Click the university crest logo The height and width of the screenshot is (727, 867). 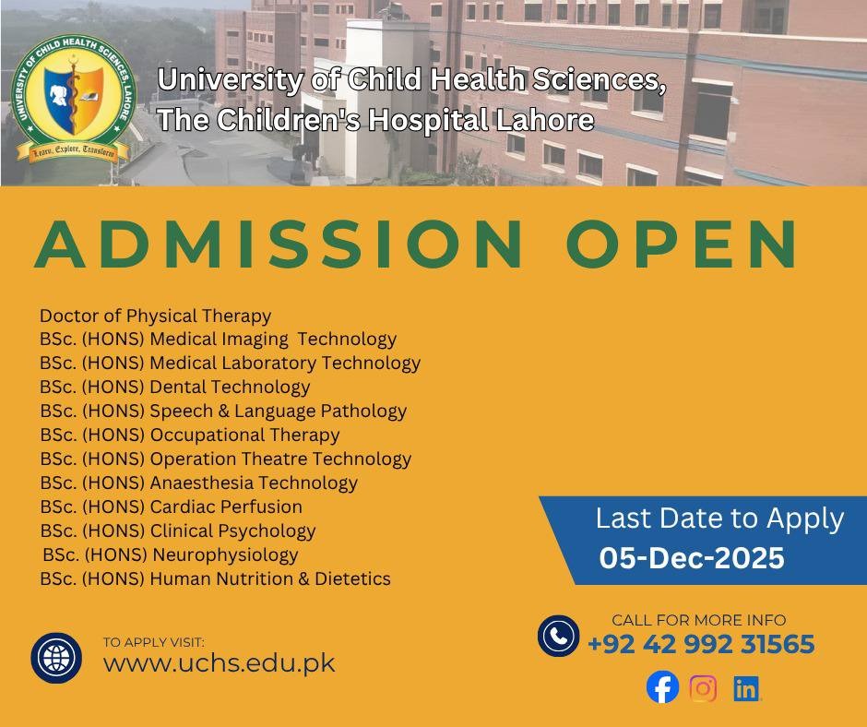point(74,99)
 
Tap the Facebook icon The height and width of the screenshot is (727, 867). point(662,687)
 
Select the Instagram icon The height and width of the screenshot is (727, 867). point(704,688)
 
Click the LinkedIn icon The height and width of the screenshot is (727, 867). point(746,688)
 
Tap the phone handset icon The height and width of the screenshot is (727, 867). point(558,636)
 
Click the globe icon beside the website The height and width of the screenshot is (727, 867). point(56,658)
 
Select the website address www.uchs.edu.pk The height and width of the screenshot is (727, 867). point(219,663)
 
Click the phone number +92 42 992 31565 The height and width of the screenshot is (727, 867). point(701,644)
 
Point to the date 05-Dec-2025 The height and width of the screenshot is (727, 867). point(692,557)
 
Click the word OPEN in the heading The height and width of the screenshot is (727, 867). point(682,244)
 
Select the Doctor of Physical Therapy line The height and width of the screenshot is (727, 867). point(155,316)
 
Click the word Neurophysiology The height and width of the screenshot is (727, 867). point(225,554)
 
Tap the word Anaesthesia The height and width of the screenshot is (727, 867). point(202,483)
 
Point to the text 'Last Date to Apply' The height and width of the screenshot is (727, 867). point(720,519)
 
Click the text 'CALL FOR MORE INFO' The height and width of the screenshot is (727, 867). point(699,620)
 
